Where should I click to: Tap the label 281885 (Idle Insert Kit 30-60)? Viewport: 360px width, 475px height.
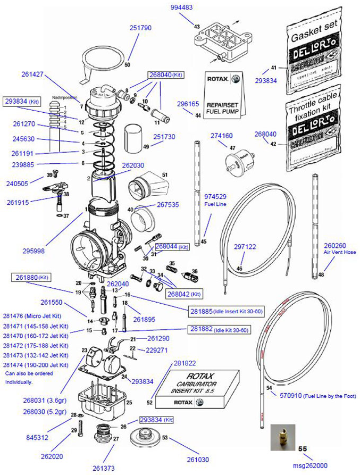[x=219, y=311]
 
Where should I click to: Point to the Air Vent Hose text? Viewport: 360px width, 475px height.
[x=334, y=253]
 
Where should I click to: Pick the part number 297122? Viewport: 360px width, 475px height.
[x=245, y=246]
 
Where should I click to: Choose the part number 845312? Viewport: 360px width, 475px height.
[x=37, y=438]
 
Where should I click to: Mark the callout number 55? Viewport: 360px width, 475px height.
[x=303, y=449]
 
